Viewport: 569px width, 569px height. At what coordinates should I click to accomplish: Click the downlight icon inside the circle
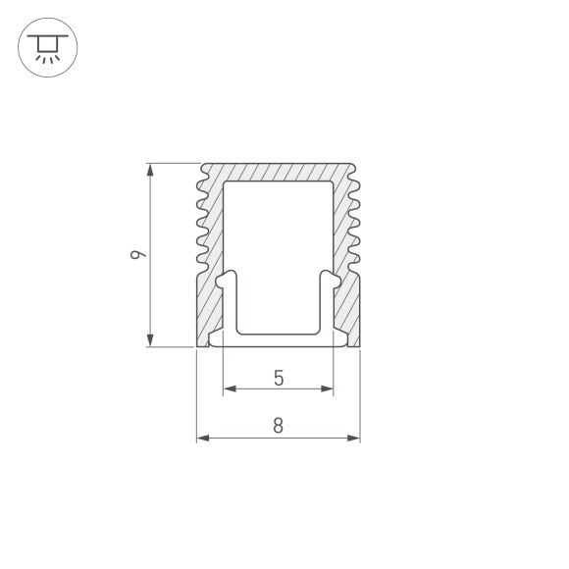46,47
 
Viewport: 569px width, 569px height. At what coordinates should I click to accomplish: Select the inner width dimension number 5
279,377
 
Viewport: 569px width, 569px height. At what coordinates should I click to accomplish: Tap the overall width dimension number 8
279,425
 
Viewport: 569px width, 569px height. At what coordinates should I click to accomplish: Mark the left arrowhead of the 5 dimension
230,389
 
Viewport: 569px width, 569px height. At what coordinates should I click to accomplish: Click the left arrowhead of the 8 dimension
203,438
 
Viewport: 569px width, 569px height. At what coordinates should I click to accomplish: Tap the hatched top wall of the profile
279,172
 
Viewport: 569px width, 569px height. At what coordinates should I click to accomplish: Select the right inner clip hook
332,284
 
